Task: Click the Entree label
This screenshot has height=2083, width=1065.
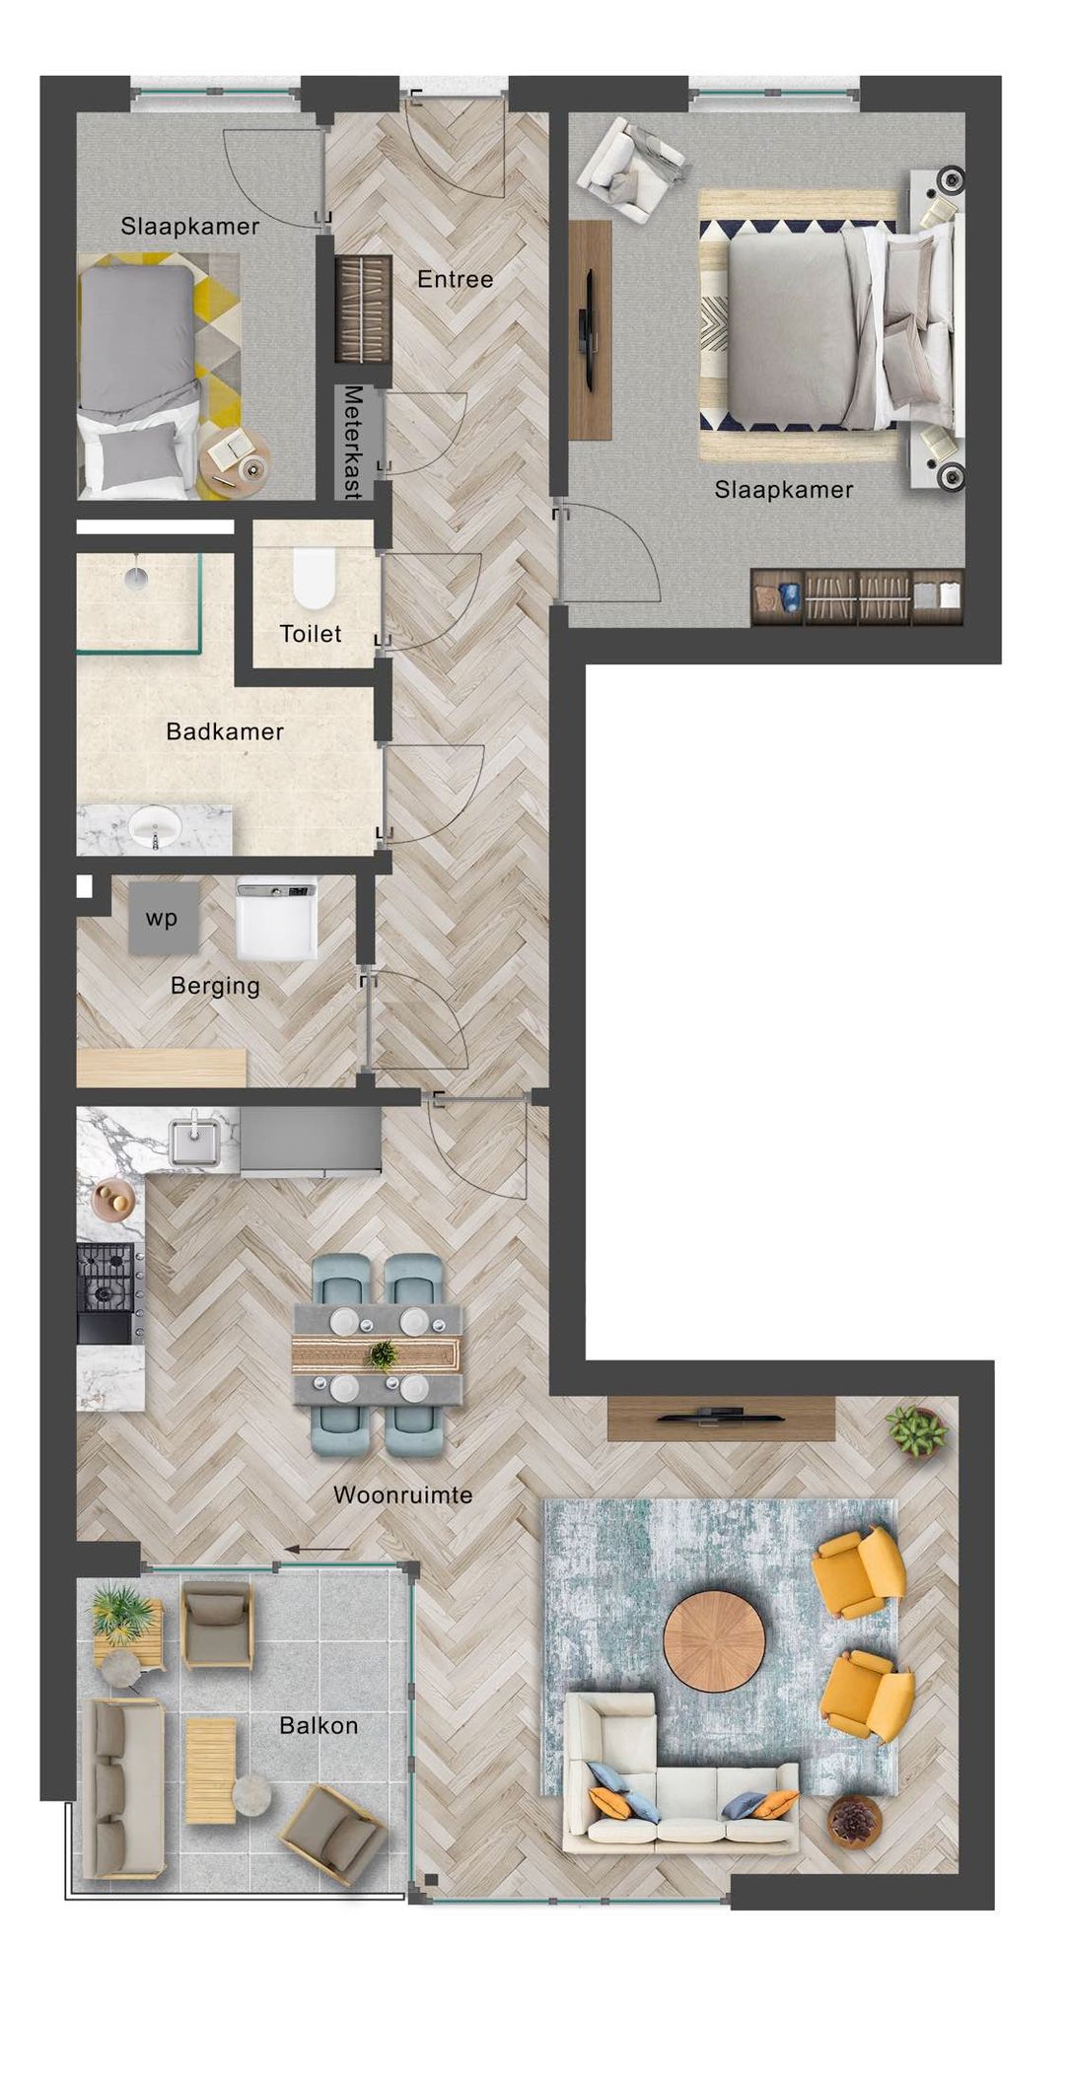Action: [x=455, y=279]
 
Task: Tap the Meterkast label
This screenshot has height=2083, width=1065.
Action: [x=353, y=442]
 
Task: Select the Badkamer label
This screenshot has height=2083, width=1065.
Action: [x=225, y=731]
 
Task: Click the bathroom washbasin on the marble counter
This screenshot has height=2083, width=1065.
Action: [x=156, y=826]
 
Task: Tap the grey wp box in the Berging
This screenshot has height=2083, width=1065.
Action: [x=163, y=918]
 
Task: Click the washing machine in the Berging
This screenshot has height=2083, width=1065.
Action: [x=277, y=919]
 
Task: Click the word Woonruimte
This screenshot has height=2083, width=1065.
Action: [x=402, y=1494]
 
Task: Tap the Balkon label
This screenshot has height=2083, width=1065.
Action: [x=318, y=1725]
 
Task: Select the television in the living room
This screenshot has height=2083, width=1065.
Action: [x=722, y=1417]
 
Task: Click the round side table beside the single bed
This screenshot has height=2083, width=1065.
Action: [x=234, y=460]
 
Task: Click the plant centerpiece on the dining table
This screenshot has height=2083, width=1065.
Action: [x=381, y=1355]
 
